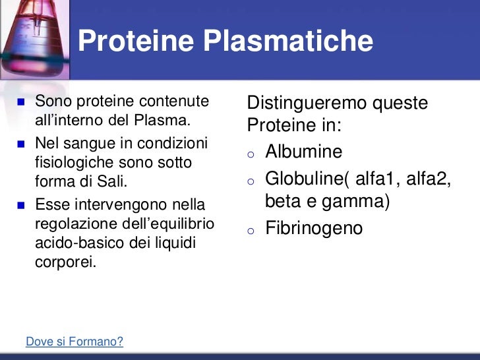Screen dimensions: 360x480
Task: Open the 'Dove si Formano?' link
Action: tap(74, 342)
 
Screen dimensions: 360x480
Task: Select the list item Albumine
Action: tap(303, 152)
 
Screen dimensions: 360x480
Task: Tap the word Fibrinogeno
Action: tap(314, 228)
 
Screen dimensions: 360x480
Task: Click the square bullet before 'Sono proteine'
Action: tap(19, 102)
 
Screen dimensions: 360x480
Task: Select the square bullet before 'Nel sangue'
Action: tap(19, 144)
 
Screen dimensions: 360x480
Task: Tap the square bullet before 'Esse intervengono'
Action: tap(19, 204)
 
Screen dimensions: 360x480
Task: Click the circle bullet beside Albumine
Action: tap(251, 154)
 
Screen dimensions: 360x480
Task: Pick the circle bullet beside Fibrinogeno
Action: tap(251, 230)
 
